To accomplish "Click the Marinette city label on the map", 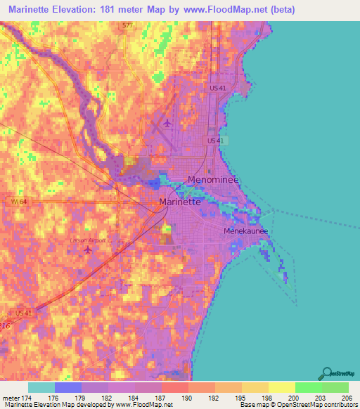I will [181, 202].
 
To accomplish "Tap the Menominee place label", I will [214, 180].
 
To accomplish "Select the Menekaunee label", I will [246, 231].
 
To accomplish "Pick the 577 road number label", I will [127, 25].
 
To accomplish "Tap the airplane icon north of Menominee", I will [167, 124].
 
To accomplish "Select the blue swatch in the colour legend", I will [68, 387].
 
